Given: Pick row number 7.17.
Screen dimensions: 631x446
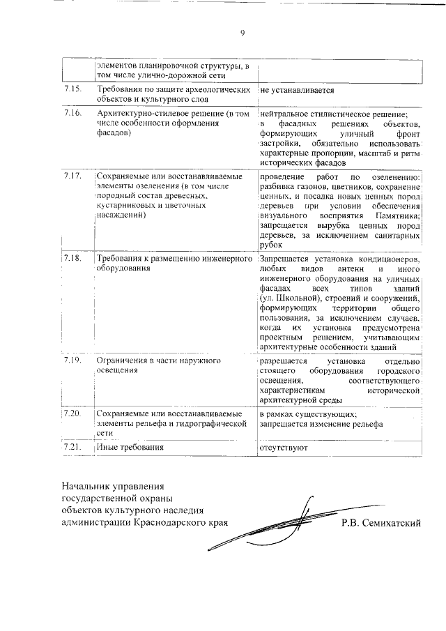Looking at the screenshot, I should (x=72, y=175).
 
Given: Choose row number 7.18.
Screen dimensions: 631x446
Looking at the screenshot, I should (x=72, y=259).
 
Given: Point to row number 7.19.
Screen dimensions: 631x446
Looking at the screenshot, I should (x=72, y=361).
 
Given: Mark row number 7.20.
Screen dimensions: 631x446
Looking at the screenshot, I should (x=72, y=413).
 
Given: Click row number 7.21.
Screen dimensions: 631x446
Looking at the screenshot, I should (x=72, y=447).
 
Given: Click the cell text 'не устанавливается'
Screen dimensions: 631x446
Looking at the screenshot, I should (x=297, y=91).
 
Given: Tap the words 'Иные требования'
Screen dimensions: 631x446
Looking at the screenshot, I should (x=130, y=447).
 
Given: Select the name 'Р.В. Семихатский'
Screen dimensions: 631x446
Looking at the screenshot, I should (x=381, y=523).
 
